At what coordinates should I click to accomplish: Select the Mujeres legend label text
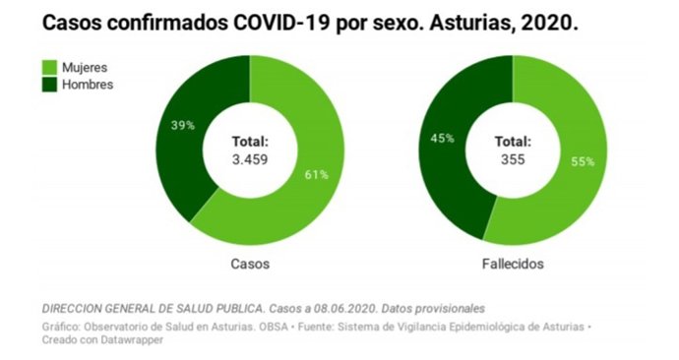[84, 67]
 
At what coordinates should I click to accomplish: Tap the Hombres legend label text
[87, 85]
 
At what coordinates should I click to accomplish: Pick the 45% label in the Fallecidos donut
[443, 138]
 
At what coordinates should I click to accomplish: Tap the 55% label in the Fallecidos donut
[583, 162]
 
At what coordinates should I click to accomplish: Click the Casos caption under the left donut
[250, 265]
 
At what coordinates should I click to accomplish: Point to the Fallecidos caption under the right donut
[512, 265]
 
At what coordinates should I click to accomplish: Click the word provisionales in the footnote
[445, 307]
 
